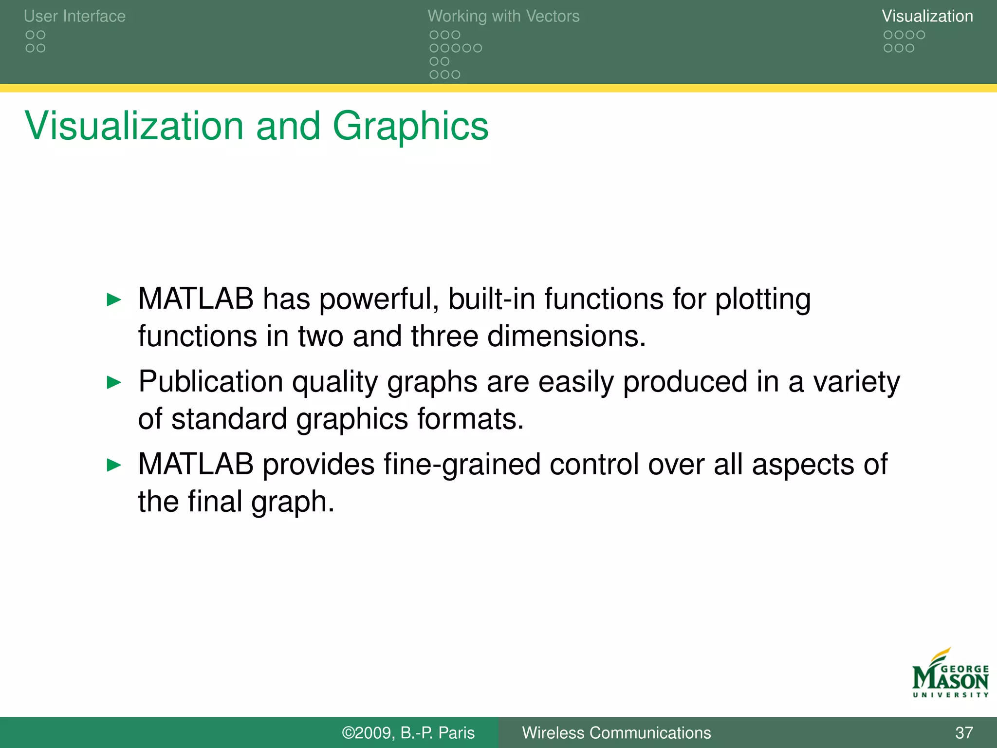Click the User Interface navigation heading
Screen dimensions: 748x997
click(74, 16)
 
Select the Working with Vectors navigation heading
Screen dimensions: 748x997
click(503, 16)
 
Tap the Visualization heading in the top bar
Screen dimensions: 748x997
click(927, 16)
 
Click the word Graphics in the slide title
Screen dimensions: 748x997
click(410, 126)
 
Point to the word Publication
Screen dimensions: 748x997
click(211, 381)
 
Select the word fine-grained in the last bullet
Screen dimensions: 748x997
click(462, 464)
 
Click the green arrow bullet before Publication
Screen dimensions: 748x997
click(113, 382)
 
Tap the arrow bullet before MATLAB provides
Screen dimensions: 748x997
click(113, 465)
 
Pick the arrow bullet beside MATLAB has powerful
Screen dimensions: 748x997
click(113, 299)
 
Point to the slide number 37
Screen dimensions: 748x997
click(964, 733)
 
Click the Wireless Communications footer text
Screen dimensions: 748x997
click(616, 733)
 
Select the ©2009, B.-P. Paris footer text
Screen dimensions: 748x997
click(408, 733)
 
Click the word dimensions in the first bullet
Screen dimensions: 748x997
click(566, 336)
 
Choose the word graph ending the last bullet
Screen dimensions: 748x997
click(292, 502)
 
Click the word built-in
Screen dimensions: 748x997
click(491, 299)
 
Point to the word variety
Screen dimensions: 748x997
click(856, 382)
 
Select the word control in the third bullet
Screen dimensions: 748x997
click(594, 464)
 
